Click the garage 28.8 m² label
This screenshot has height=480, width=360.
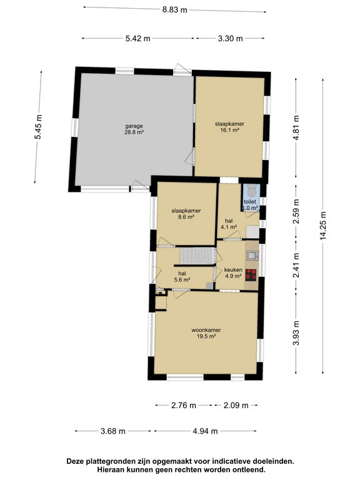pos(134,129)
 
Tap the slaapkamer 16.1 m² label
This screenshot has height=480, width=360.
pos(229,127)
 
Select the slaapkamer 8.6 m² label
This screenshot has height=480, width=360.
pos(186,214)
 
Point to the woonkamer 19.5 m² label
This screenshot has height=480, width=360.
pos(206,333)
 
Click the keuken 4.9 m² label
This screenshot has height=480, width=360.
pos(233,273)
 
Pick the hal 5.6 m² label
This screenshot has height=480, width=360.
pos(182,276)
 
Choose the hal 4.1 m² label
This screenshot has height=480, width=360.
pos(229,224)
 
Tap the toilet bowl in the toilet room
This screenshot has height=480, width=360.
pos(252,191)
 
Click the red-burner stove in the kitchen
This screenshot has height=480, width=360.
pos(251,274)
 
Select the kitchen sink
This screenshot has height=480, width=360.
pos(252,255)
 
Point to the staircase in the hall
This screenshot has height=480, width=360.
pos(197,256)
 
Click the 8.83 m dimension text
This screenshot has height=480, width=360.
pos(174,9)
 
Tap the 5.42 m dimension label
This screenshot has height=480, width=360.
pos(137,38)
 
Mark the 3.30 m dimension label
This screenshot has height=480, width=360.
pos(230,38)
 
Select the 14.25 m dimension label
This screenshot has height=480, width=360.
pos(324,226)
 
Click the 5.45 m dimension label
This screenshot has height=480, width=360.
pos(38,127)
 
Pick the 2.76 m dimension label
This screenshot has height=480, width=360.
pos(183,405)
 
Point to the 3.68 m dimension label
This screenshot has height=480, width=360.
pos(113,431)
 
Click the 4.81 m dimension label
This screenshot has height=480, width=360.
pos(296,127)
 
